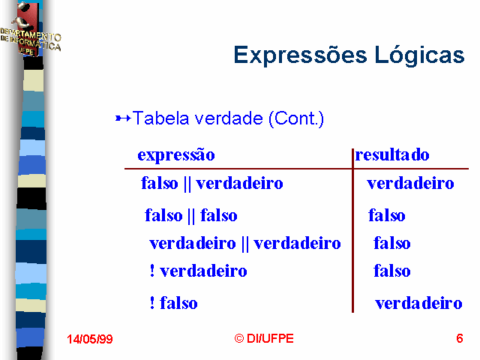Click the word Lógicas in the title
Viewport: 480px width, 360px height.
pyautogui.click(x=420, y=55)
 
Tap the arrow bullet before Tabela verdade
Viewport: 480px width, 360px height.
pyautogui.click(x=123, y=118)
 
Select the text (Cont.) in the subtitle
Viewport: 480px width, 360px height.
pyautogui.click(x=296, y=118)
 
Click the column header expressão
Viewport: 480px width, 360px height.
pyautogui.click(x=176, y=155)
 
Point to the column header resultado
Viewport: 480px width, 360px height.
pyautogui.click(x=392, y=154)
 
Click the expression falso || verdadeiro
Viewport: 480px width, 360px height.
pyautogui.click(x=211, y=183)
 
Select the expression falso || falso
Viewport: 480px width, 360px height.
pyautogui.click(x=191, y=215)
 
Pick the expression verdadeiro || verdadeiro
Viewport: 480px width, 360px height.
pyautogui.click(x=245, y=244)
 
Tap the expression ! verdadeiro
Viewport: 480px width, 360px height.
pyautogui.click(x=198, y=271)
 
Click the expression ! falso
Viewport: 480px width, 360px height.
pyautogui.click(x=173, y=303)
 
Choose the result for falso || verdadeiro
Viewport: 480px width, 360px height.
pyautogui.click(x=410, y=183)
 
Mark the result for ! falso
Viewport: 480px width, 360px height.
pyautogui.click(x=418, y=303)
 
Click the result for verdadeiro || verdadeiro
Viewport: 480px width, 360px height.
pyautogui.click(x=392, y=243)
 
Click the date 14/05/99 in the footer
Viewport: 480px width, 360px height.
pyautogui.click(x=90, y=339)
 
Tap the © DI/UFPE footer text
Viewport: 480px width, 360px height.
pyautogui.click(x=264, y=338)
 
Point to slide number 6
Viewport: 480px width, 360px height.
pyautogui.click(x=460, y=338)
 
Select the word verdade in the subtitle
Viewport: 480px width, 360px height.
pyautogui.click(x=229, y=118)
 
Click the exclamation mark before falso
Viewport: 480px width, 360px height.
pyautogui.click(x=152, y=303)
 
